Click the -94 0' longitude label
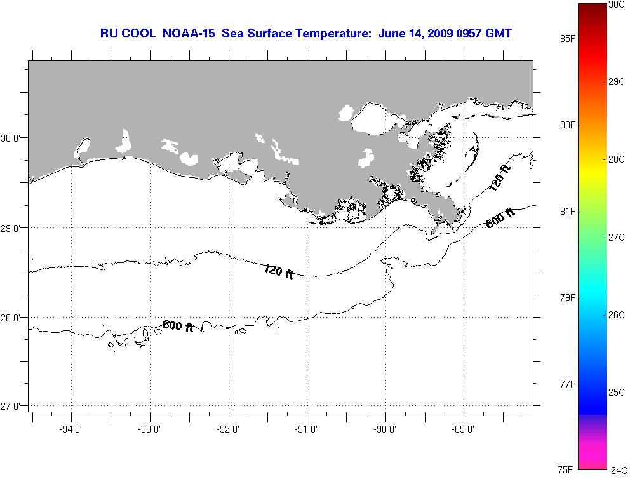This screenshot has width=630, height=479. pyautogui.click(x=72, y=429)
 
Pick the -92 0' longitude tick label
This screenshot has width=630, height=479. pyautogui.click(x=229, y=429)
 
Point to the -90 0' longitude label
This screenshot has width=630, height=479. pyautogui.click(x=385, y=429)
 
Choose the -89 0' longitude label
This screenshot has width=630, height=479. pyautogui.click(x=464, y=429)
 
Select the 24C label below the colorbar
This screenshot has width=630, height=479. pyautogui.click(x=619, y=471)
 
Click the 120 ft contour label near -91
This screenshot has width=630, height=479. pyautogui.click(x=278, y=271)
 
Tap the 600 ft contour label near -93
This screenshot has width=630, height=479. pyautogui.click(x=178, y=327)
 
